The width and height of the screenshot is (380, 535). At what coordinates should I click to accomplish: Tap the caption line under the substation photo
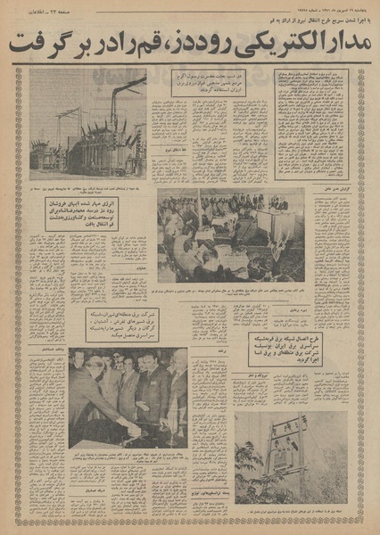click(x=88, y=182)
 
